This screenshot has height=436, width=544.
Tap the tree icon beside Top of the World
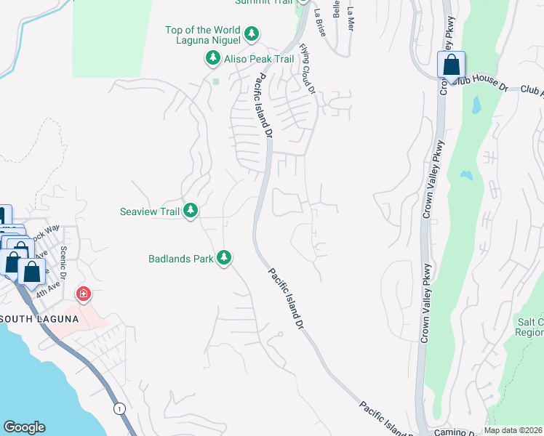tap(252, 33)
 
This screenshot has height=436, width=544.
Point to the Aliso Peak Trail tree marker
tap(213, 57)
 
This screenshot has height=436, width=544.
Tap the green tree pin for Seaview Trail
tap(191, 211)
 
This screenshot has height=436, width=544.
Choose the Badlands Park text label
tap(180, 258)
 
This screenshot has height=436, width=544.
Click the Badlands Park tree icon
tap(225, 257)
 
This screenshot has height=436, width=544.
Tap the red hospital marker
tap(84, 294)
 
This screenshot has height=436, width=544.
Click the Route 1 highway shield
tap(120, 409)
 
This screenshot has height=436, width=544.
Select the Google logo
tap(24, 427)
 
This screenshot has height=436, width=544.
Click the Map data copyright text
tap(513, 430)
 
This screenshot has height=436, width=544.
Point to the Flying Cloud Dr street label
tap(308, 70)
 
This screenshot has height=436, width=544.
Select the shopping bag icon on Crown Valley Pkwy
tap(451, 65)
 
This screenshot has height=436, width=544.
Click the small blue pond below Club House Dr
tap(476, 106)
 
